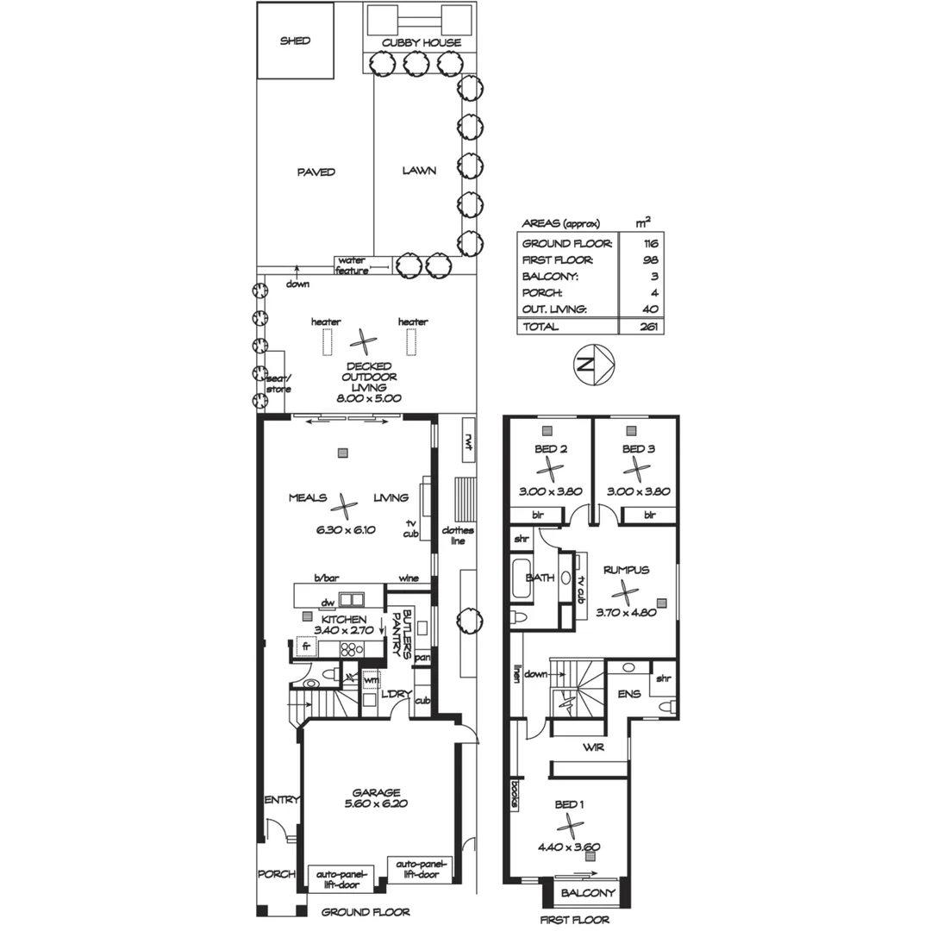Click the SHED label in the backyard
pyautogui.click(x=295, y=41)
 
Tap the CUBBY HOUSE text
pyautogui.click(x=422, y=42)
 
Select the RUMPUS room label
pyautogui.click(x=626, y=570)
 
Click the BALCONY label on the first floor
pyautogui.click(x=588, y=893)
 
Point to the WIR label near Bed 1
pyautogui.click(x=593, y=747)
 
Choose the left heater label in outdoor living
pyautogui.click(x=326, y=322)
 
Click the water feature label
pyautogui.click(x=352, y=265)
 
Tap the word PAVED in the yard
pyautogui.click(x=316, y=172)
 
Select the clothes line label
pyautogui.click(x=457, y=535)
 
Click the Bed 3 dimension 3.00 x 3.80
pyautogui.click(x=637, y=491)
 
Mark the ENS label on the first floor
pyautogui.click(x=629, y=693)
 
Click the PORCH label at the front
pyautogui.click(x=277, y=874)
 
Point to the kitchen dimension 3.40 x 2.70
pyautogui.click(x=344, y=630)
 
